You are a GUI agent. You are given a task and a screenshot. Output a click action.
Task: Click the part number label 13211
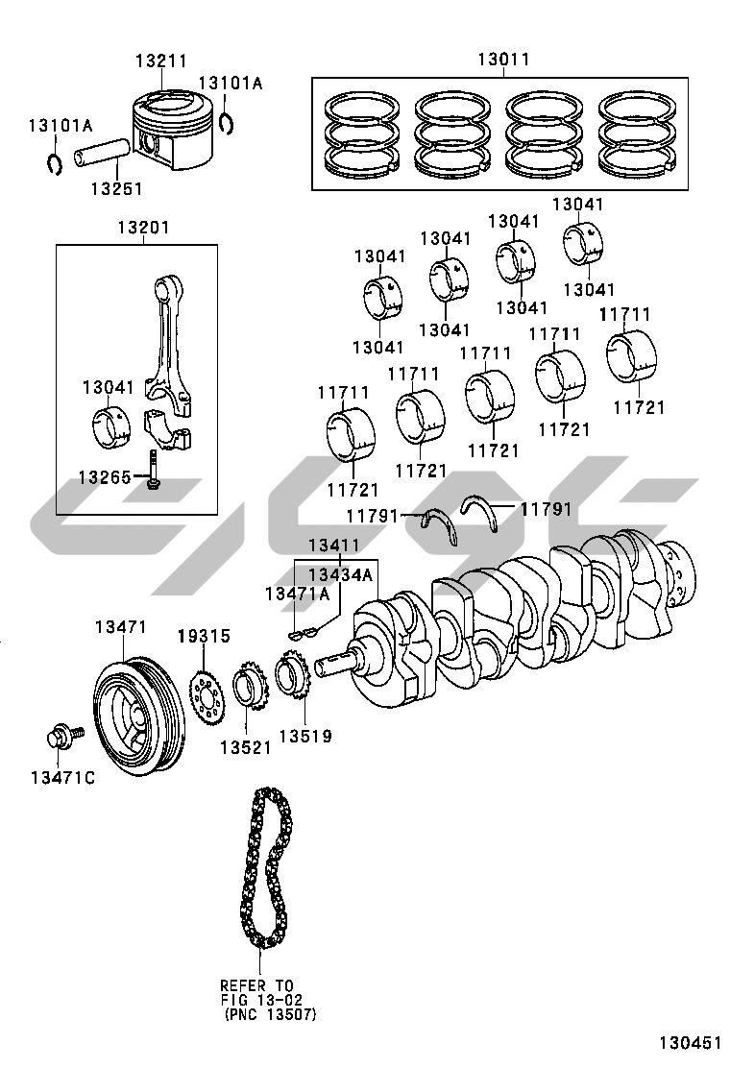[160, 61]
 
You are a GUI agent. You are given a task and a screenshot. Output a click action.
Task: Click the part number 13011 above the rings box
[503, 61]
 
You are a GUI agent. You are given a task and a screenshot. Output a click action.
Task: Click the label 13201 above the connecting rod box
[143, 228]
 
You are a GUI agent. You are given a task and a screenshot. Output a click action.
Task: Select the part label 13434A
[339, 574]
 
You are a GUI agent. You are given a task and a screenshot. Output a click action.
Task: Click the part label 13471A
[297, 595]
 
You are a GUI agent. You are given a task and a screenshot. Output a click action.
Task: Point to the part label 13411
[333, 546]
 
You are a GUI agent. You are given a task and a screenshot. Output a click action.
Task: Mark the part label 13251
[116, 189]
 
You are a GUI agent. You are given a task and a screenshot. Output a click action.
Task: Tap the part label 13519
[305, 737]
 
